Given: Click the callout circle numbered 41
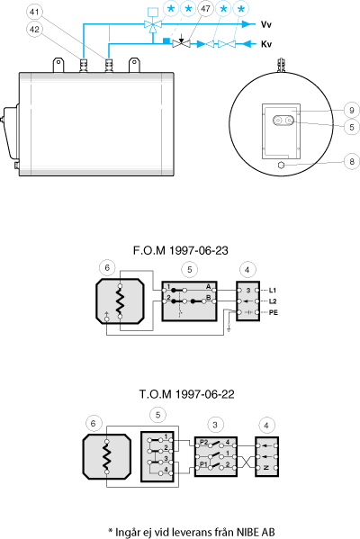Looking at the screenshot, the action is [34, 12].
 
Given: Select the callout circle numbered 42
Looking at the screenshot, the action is [34, 29].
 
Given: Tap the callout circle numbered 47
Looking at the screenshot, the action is [205, 8].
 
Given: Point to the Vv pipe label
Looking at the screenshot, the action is [266, 24].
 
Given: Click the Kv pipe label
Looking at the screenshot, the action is [266, 44].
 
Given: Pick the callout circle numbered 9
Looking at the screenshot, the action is [352, 111].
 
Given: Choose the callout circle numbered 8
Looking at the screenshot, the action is [352, 162].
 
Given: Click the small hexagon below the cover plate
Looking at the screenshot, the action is [282, 166].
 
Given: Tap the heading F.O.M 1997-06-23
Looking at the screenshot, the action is [181, 250].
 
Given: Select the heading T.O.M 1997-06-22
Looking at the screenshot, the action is [186, 394].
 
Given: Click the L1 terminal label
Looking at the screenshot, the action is [273, 291].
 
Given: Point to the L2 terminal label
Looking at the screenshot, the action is [273, 301].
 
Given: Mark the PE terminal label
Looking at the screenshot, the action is [274, 312].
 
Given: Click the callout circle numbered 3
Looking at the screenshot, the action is [215, 425].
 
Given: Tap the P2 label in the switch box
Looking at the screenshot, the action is [204, 443].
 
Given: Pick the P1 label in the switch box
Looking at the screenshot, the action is [204, 464].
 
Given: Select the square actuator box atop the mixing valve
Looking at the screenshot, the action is [152, 12].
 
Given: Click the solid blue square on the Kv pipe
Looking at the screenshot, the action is [166, 40].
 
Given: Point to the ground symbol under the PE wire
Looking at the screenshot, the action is [229, 331].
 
